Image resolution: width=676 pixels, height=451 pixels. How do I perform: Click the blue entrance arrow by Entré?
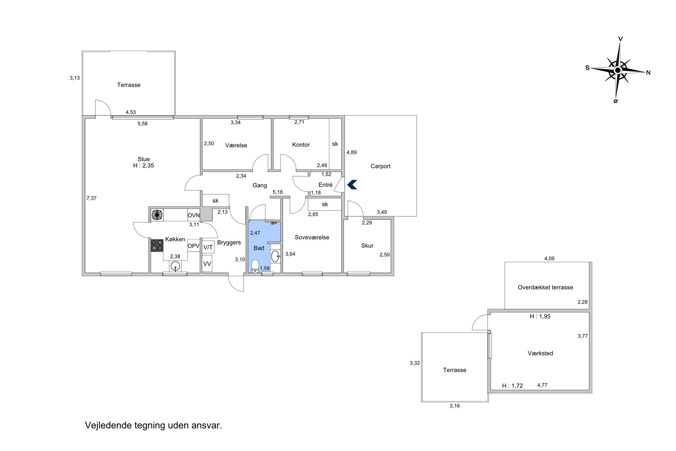coord(352,184)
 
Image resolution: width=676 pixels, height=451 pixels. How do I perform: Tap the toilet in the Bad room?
coord(255,266)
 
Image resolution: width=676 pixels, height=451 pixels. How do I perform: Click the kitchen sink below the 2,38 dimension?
coord(175,266)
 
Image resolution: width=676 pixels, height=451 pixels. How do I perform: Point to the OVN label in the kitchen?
coord(194,215)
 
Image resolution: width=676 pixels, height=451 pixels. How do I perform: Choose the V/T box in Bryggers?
coord(208,247)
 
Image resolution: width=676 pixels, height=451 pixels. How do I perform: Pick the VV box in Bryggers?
coord(207,264)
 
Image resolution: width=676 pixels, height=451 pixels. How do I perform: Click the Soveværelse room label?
coord(312,237)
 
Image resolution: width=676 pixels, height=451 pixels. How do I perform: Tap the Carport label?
coord(380,166)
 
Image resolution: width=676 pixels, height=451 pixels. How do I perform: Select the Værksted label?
coord(540,353)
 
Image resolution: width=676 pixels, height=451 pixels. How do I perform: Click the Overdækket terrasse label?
coord(545,287)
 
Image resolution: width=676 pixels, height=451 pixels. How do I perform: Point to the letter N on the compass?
coord(648,73)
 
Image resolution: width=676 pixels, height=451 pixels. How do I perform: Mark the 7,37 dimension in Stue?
coord(91,198)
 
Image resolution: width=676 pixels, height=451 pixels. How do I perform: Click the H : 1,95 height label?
coord(540,316)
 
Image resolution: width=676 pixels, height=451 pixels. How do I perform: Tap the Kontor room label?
coord(301,145)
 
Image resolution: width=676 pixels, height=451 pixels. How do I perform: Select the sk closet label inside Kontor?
coord(335,144)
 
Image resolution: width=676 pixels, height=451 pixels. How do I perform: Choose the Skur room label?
coord(367,246)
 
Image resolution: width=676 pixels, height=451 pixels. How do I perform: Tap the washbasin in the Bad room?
coord(275,256)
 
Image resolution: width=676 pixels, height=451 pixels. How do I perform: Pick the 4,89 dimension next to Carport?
coord(352,152)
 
